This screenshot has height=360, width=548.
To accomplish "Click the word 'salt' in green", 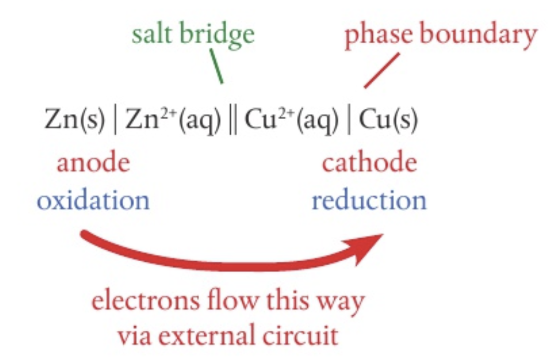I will (153, 34).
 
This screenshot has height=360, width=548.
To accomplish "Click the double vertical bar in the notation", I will (232, 121).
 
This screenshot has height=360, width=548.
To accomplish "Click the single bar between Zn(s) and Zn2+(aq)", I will (116, 121).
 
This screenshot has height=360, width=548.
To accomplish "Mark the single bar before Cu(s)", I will (349, 121).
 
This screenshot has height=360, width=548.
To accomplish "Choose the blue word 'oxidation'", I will (94, 200).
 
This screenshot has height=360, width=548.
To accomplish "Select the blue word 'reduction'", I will (369, 200).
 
